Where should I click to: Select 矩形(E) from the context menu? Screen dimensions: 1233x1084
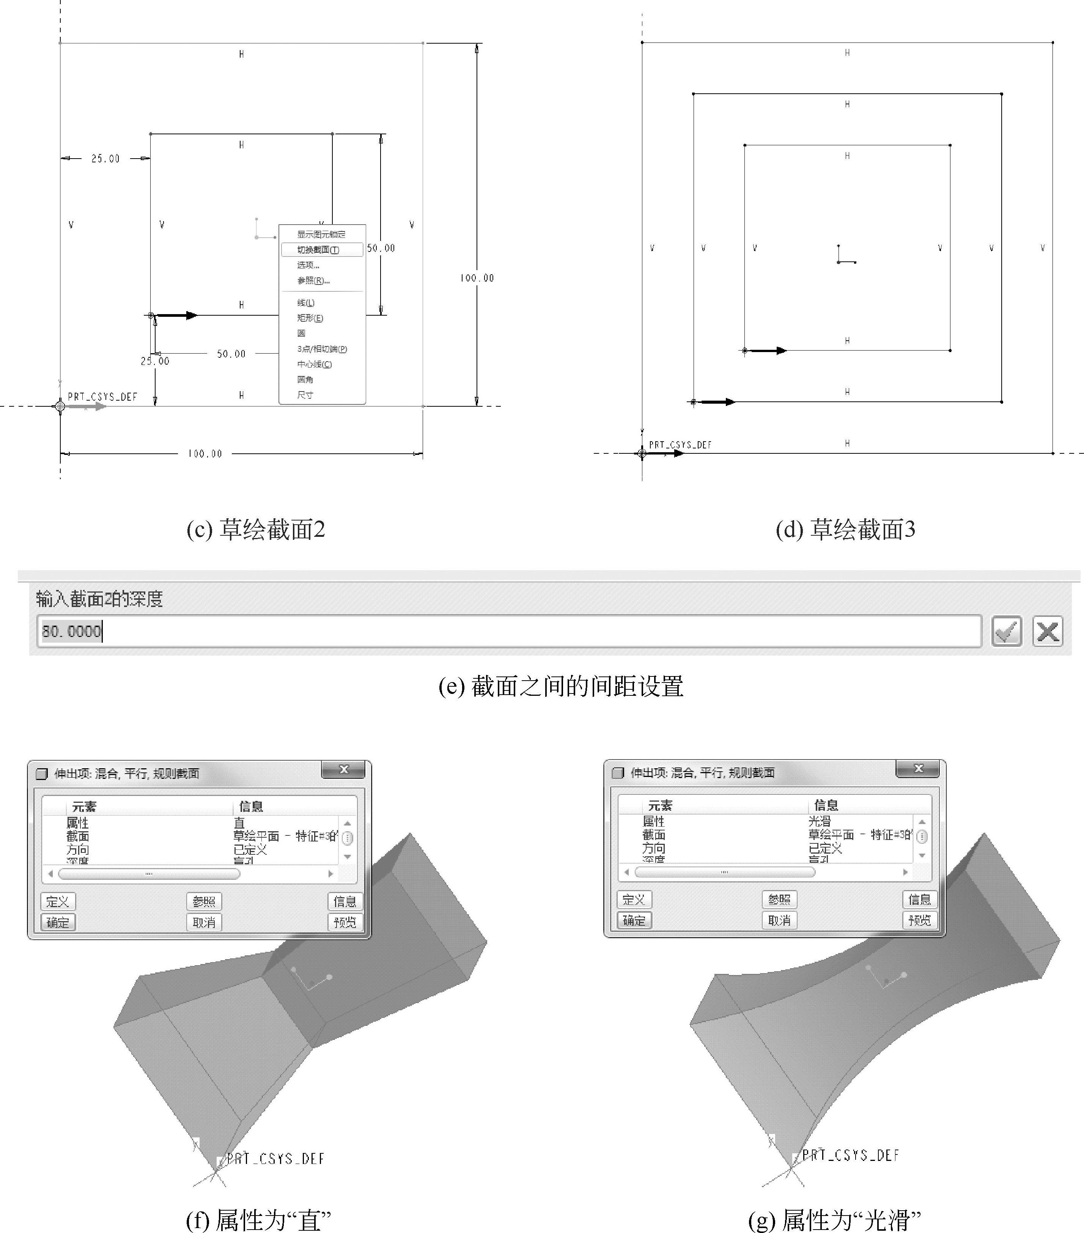click(x=310, y=318)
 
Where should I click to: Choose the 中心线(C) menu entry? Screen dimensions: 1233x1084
click(x=314, y=364)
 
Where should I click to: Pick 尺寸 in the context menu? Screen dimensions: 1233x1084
click(x=305, y=395)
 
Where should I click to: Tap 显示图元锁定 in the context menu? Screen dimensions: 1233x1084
click(x=321, y=234)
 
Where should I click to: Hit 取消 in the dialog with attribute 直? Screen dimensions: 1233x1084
click(x=204, y=922)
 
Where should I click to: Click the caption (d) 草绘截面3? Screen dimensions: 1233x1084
click(x=845, y=529)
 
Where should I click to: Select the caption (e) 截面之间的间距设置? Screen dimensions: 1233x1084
click(x=560, y=686)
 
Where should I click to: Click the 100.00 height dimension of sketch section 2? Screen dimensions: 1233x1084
click(x=477, y=278)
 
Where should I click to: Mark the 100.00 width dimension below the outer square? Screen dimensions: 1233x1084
click(x=205, y=454)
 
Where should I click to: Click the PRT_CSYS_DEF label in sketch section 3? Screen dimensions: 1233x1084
click(x=680, y=445)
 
